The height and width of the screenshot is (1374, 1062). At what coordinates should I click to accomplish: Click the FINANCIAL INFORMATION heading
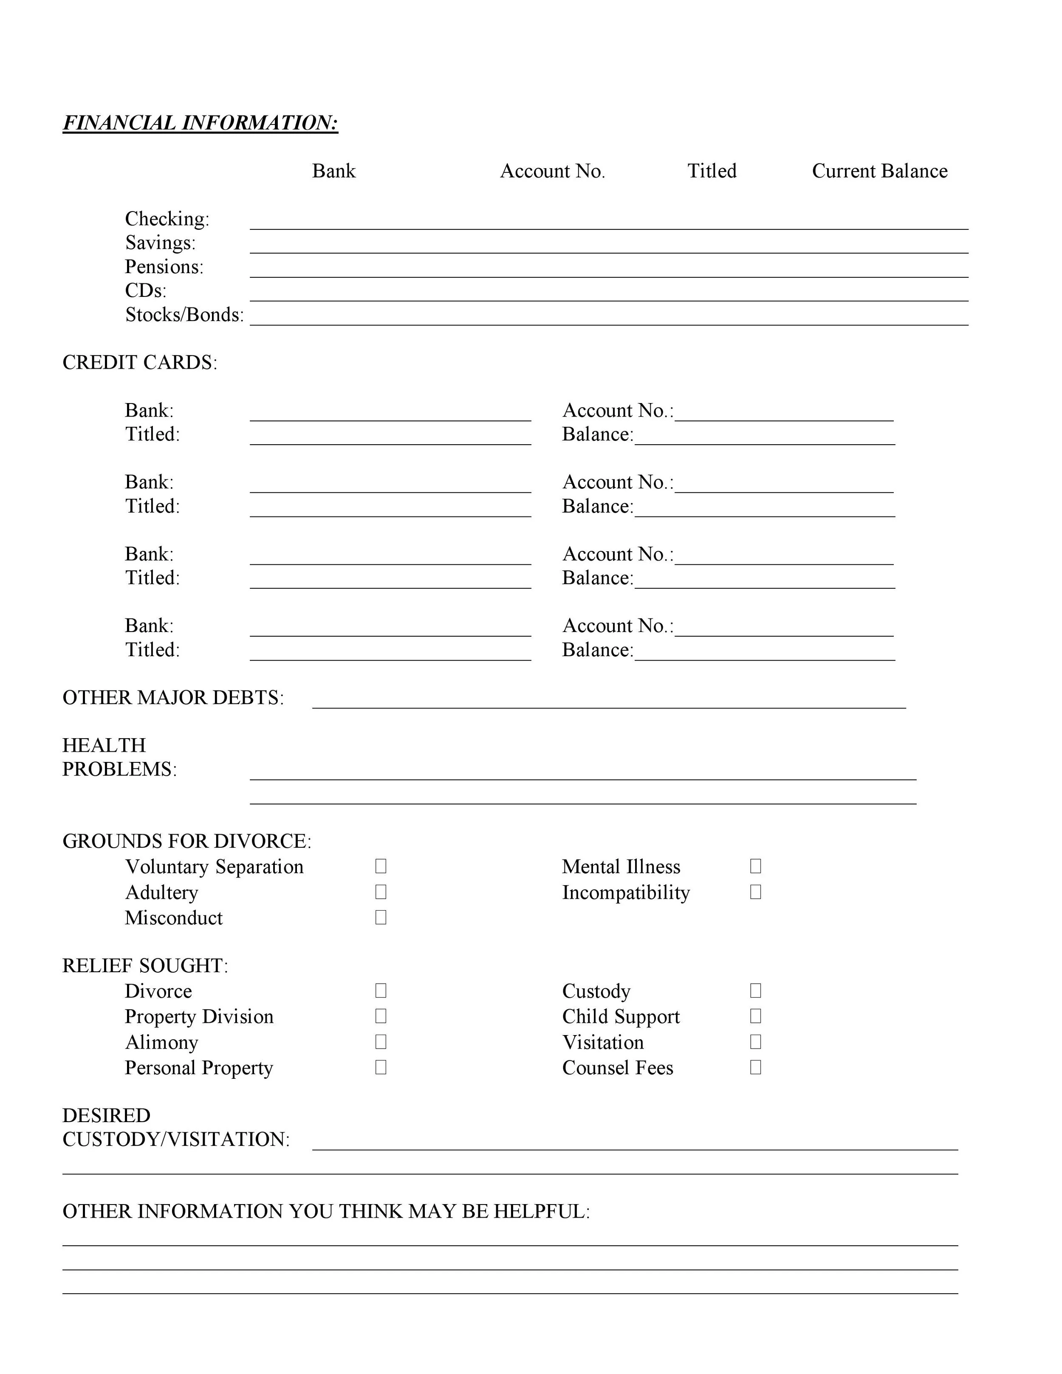point(200,123)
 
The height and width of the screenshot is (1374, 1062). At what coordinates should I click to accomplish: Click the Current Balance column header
point(879,171)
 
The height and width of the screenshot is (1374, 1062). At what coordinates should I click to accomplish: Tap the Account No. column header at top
point(552,171)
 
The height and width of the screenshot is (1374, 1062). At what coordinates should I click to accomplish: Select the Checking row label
point(167,219)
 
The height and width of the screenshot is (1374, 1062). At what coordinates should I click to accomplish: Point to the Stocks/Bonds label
point(184,315)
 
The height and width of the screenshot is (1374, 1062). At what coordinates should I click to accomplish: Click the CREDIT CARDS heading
point(139,362)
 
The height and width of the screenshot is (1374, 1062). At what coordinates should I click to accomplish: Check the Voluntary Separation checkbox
point(381,866)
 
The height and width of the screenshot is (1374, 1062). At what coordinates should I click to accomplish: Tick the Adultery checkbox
point(381,892)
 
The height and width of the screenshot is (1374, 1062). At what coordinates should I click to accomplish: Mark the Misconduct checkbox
point(381,917)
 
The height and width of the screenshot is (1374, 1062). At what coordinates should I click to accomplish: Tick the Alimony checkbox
point(381,1042)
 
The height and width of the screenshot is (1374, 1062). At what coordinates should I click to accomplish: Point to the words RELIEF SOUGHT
point(144,966)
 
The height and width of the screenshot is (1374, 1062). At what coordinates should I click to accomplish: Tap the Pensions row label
point(164,267)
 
